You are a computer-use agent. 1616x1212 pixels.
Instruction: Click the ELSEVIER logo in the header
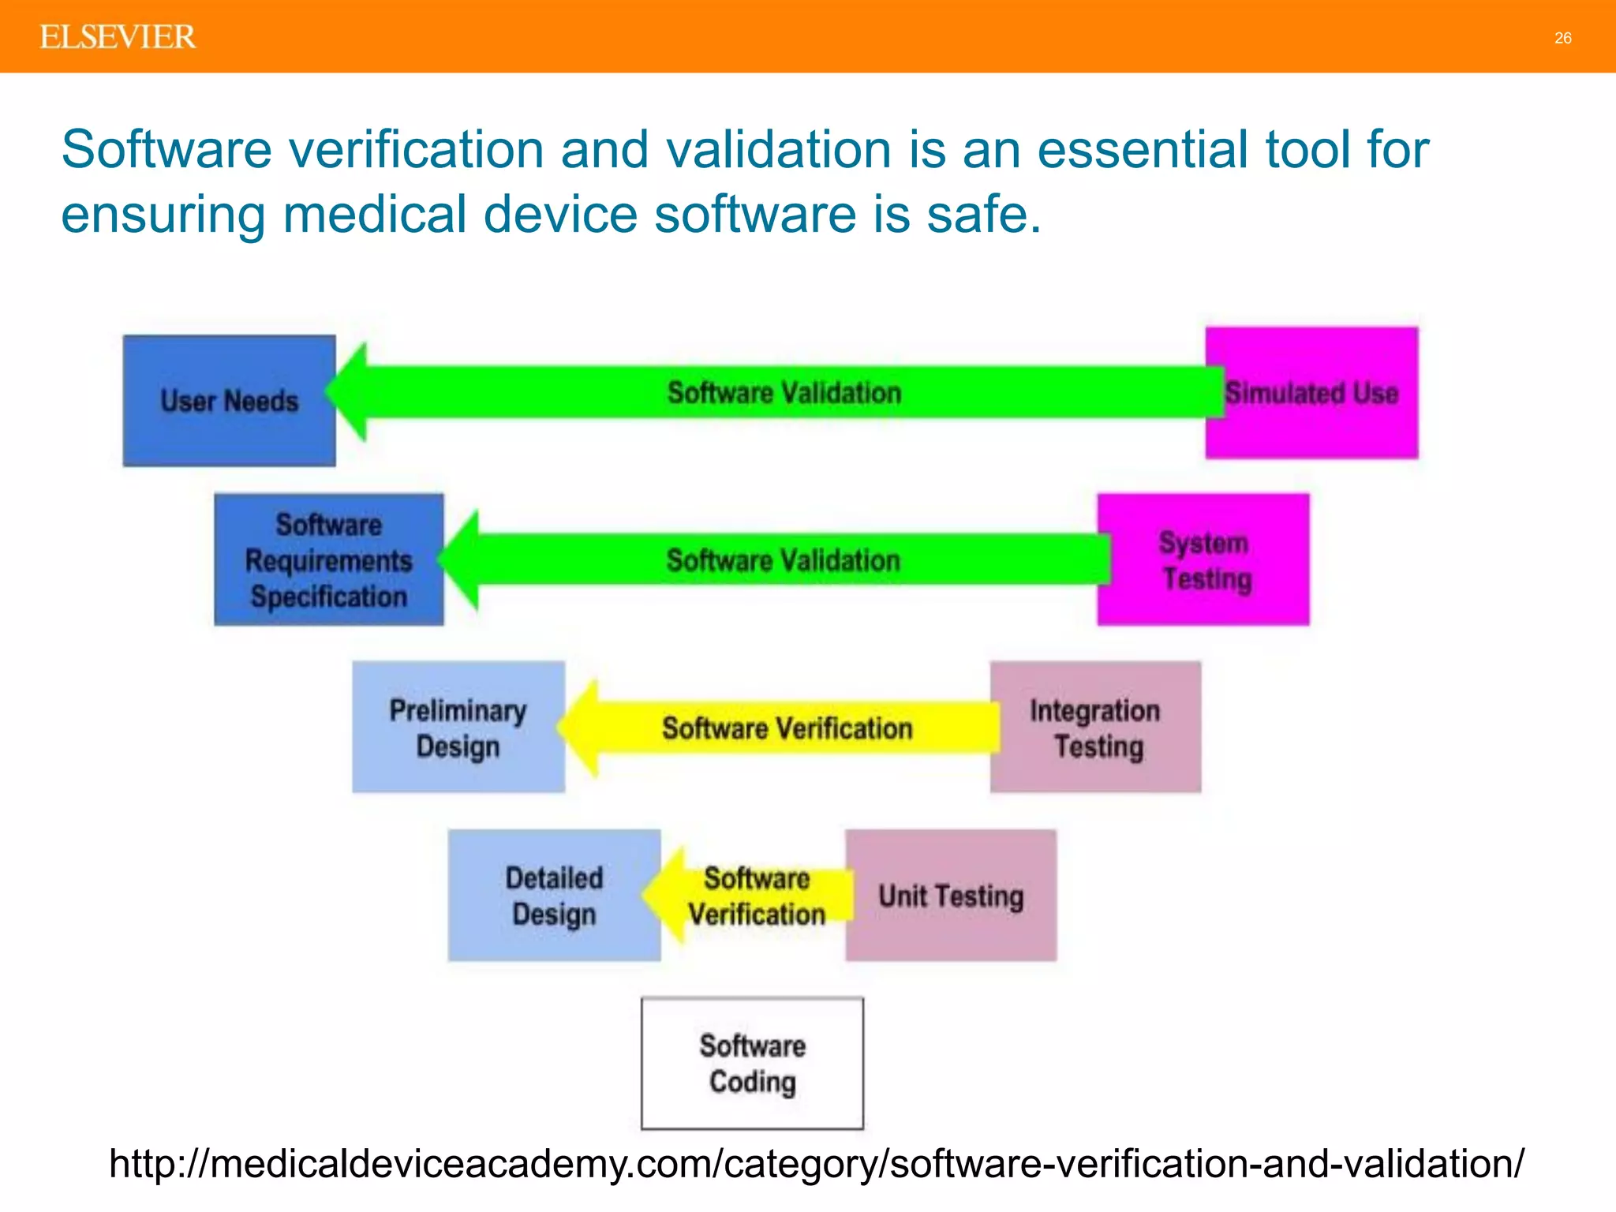click(x=118, y=37)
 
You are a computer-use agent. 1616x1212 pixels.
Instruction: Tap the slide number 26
click(x=1562, y=38)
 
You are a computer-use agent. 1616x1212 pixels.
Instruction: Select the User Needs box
click(x=229, y=401)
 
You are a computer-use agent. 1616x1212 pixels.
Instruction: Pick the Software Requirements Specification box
click(x=328, y=560)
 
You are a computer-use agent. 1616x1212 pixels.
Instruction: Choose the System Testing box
click(x=1204, y=560)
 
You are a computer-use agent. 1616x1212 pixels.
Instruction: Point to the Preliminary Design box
click(x=458, y=728)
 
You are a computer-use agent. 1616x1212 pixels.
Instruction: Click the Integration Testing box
click(x=1095, y=728)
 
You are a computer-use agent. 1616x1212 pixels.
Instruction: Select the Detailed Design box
click(x=554, y=896)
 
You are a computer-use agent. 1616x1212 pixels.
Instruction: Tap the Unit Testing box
click(x=951, y=896)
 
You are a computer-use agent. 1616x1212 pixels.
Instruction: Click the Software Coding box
click(x=752, y=1064)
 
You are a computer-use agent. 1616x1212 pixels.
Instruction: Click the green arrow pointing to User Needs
click(x=781, y=392)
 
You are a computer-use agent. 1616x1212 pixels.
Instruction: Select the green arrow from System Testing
click(x=781, y=560)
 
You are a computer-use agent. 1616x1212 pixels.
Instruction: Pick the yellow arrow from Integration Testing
click(x=785, y=728)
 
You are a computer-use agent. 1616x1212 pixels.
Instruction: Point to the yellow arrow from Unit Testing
click(x=754, y=896)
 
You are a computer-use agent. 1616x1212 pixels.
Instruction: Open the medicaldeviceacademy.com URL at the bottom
click(x=817, y=1164)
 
